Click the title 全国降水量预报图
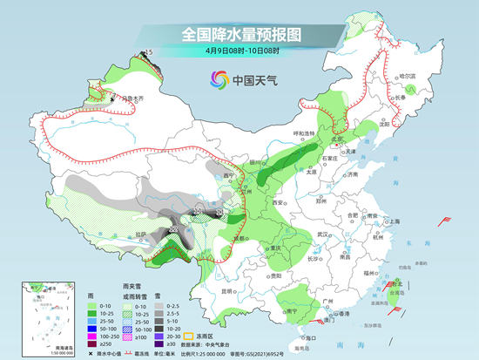[239, 34]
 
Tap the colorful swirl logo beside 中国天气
[218, 81]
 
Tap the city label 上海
[395, 221]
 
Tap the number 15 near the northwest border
[148, 53]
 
